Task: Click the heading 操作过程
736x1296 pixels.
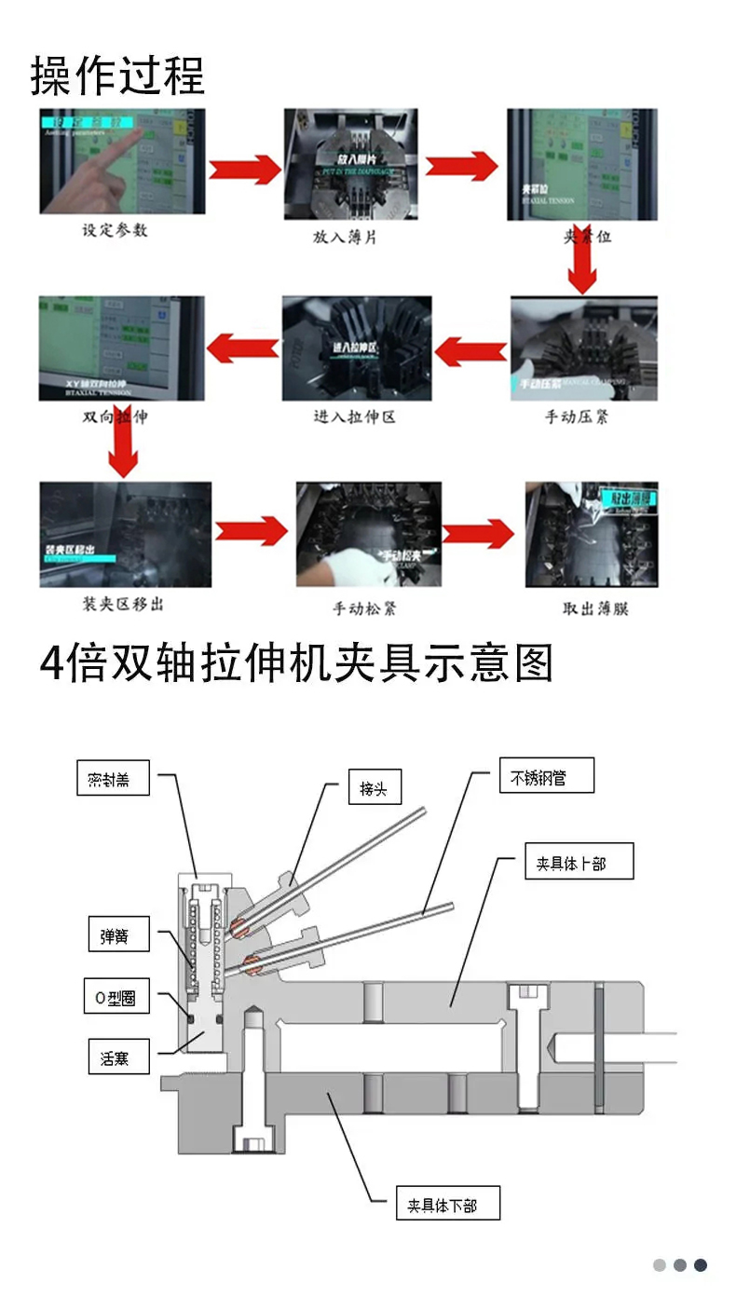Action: (117, 75)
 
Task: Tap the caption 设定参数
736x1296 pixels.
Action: (115, 230)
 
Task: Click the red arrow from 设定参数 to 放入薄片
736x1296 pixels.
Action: (244, 170)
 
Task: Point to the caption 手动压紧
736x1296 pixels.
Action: (577, 416)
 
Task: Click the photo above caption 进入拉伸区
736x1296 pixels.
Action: (357, 348)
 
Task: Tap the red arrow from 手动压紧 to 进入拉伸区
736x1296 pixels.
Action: (470, 352)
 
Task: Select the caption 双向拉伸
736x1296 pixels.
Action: (115, 416)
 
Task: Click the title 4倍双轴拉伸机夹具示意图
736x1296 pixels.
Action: (296, 664)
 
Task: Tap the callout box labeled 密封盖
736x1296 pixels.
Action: (114, 779)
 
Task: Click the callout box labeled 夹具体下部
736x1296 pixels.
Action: (447, 1204)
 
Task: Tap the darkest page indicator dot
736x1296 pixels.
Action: (701, 1265)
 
